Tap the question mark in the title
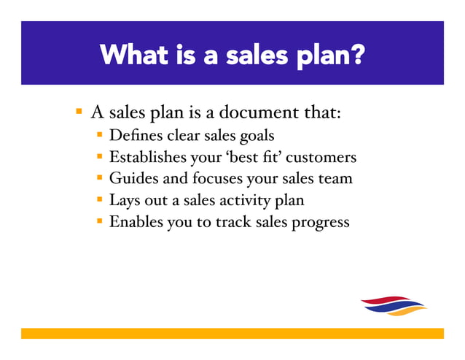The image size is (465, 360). click(x=356, y=53)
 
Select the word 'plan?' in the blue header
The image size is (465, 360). click(x=327, y=55)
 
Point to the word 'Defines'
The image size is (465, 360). click(x=136, y=135)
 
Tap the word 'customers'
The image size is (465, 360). click(x=321, y=157)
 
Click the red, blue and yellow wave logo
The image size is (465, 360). click(x=394, y=305)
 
